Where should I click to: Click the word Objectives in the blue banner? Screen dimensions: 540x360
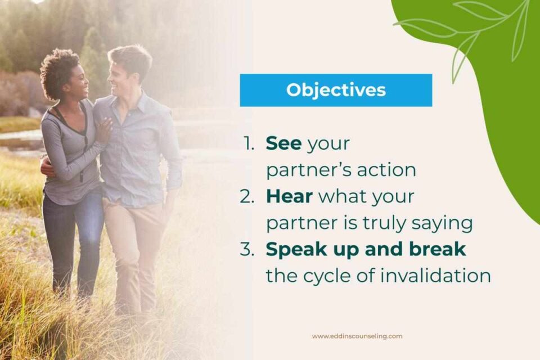[x=336, y=90]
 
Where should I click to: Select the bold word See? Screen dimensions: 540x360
[x=283, y=143]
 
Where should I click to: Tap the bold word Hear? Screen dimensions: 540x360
[x=289, y=196]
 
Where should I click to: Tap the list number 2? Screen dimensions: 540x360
[x=247, y=197]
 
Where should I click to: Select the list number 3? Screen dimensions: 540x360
[x=247, y=250]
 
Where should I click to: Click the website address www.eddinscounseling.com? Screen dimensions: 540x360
[x=357, y=336]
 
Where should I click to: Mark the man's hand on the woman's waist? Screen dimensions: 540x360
[x=46, y=168]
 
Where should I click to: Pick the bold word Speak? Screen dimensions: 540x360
[x=294, y=250]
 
